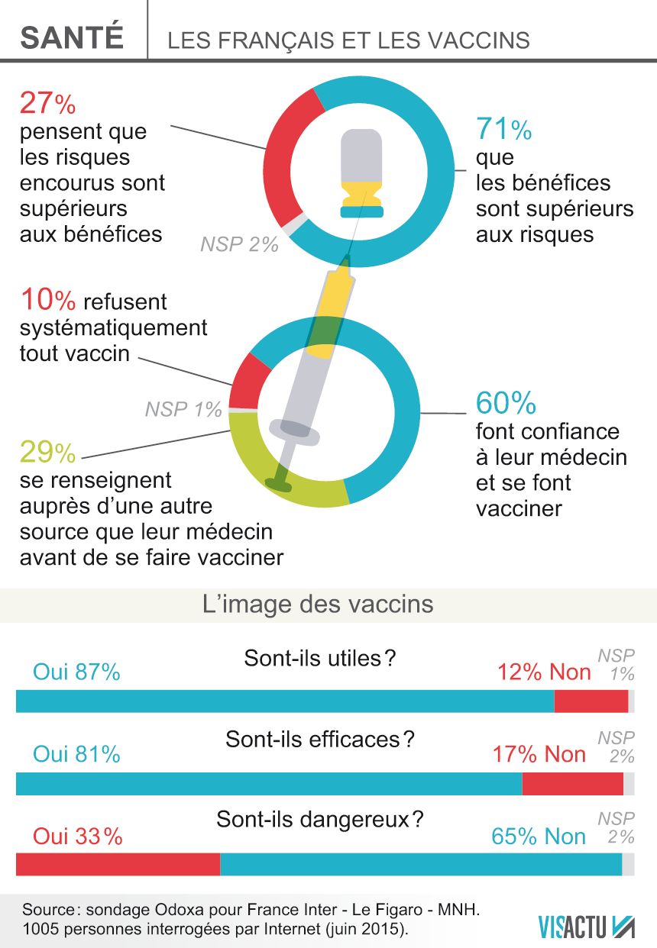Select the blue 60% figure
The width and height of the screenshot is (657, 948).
(x=506, y=402)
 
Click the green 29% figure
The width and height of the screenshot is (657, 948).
(x=47, y=453)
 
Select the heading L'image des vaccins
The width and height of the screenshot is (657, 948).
(x=318, y=605)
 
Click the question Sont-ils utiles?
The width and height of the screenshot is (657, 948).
(x=320, y=658)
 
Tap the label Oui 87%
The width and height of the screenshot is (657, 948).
(x=76, y=672)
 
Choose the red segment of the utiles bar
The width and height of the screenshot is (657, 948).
(x=591, y=701)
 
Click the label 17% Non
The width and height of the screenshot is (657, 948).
(x=539, y=755)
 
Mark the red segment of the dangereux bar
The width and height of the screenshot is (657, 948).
(x=118, y=865)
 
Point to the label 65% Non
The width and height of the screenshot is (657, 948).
(x=539, y=837)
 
